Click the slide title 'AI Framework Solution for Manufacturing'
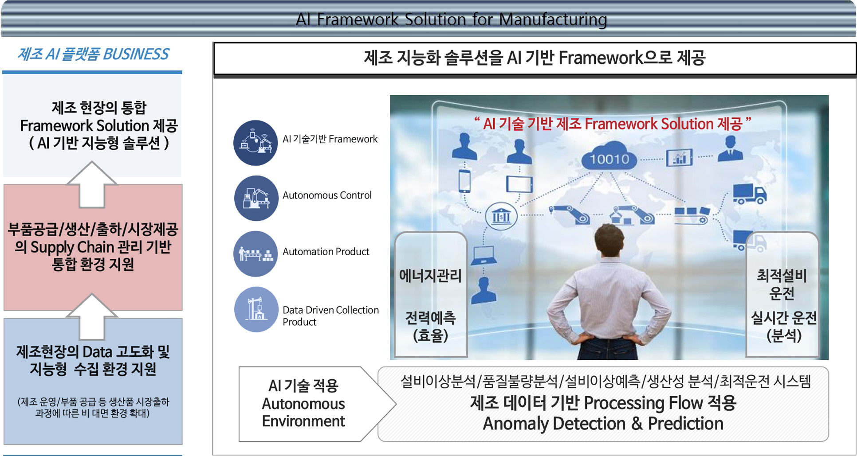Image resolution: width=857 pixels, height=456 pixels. (451, 19)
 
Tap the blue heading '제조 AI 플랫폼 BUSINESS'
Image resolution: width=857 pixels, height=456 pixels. (93, 54)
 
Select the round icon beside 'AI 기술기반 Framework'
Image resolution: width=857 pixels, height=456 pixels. (256, 143)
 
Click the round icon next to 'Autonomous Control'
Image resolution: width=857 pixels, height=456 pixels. (256, 198)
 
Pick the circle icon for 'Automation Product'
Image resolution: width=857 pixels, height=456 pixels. (256, 254)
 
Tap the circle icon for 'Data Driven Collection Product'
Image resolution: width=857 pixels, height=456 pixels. (256, 309)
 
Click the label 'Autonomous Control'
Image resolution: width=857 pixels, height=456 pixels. (327, 195)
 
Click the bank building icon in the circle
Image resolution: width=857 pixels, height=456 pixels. (501, 216)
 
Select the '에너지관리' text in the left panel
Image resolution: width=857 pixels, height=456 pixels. (430, 276)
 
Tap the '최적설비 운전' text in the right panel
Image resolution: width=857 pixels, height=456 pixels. (782, 284)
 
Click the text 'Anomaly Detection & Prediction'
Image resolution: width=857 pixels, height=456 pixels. (603, 424)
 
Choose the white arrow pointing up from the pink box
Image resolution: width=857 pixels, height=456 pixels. (92, 184)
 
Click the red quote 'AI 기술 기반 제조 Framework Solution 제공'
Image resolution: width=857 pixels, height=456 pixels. (612, 124)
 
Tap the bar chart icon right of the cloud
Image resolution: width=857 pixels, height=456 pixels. (679, 157)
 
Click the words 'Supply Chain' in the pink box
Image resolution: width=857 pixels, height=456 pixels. (72, 247)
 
